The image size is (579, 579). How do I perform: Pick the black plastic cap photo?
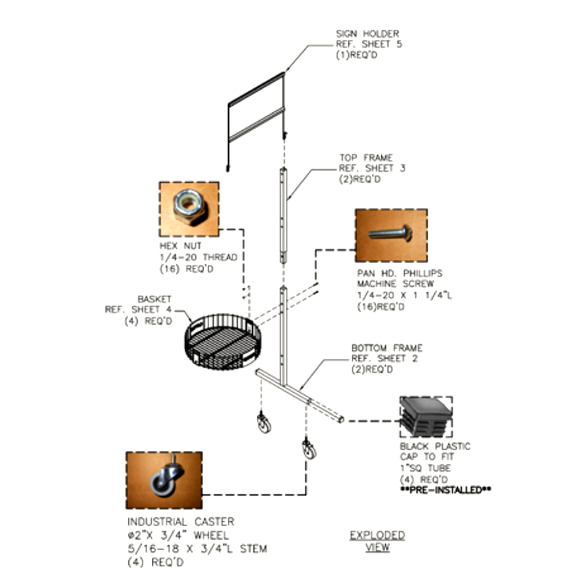(x=426, y=417)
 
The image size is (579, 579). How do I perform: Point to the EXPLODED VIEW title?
(x=377, y=541)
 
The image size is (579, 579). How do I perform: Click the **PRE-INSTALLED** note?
(x=446, y=490)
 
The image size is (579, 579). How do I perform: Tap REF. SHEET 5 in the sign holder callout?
(x=369, y=44)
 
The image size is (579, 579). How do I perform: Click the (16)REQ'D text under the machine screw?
(x=381, y=307)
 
